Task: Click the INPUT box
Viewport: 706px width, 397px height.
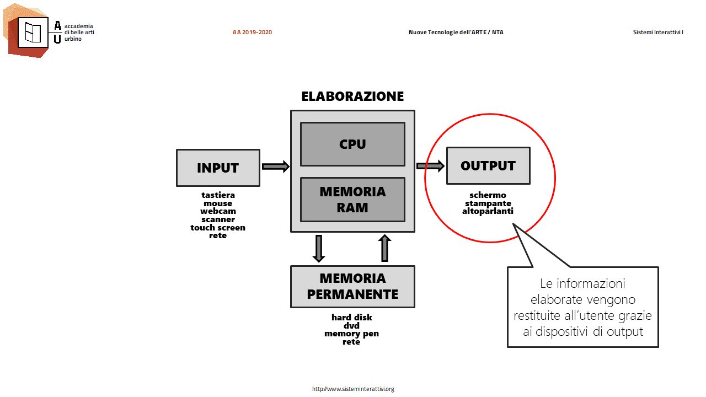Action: [218, 168]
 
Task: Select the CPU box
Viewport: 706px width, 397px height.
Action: [352, 144]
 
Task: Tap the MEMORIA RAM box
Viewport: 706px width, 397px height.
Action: [352, 200]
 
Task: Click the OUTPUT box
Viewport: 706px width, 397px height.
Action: [488, 166]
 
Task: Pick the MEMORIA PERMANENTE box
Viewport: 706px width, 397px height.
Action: [352, 286]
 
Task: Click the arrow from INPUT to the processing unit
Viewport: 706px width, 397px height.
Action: [275, 167]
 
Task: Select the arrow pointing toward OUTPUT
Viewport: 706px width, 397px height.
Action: [430, 166]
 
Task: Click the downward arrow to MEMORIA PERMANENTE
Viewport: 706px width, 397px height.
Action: [319, 249]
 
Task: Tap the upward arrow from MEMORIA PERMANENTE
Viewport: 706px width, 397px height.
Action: [384, 248]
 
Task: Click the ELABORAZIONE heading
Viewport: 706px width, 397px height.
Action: [352, 96]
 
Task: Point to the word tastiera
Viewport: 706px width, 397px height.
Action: [218, 195]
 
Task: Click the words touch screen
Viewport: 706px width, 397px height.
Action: [218, 228]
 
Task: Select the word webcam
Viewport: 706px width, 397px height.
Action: [218, 211]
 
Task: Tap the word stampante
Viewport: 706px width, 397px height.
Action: [488, 203]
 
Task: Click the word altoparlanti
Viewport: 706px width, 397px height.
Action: [488, 211]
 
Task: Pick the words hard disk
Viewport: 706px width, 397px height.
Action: [352, 317]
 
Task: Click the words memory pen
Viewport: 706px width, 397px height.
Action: [351, 334]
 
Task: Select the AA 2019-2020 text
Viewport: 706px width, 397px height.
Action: [252, 32]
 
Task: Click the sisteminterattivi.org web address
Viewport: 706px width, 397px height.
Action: [353, 389]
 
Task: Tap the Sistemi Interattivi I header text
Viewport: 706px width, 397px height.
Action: [658, 32]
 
